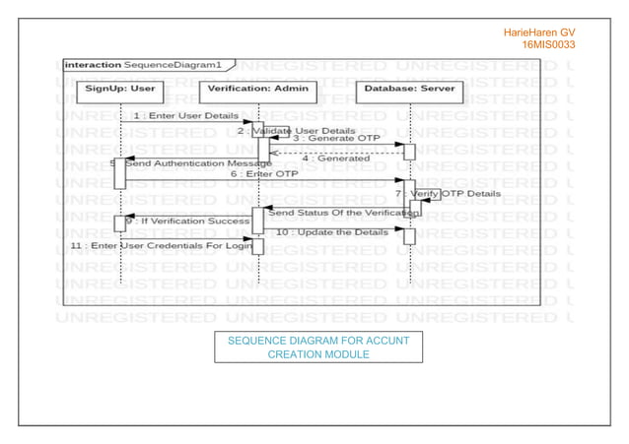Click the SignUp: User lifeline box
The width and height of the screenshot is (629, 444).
coord(119,88)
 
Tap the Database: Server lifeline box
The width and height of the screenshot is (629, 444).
coord(407,88)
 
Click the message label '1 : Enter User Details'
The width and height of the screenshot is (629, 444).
coord(185,116)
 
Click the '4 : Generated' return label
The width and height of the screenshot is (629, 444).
coord(336,159)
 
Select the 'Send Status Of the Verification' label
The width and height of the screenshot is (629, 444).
coord(338,212)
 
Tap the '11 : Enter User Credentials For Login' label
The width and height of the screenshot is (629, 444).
coord(163,244)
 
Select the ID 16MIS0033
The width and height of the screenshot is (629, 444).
coord(549,44)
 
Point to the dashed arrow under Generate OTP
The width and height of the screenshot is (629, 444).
coord(335,152)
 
